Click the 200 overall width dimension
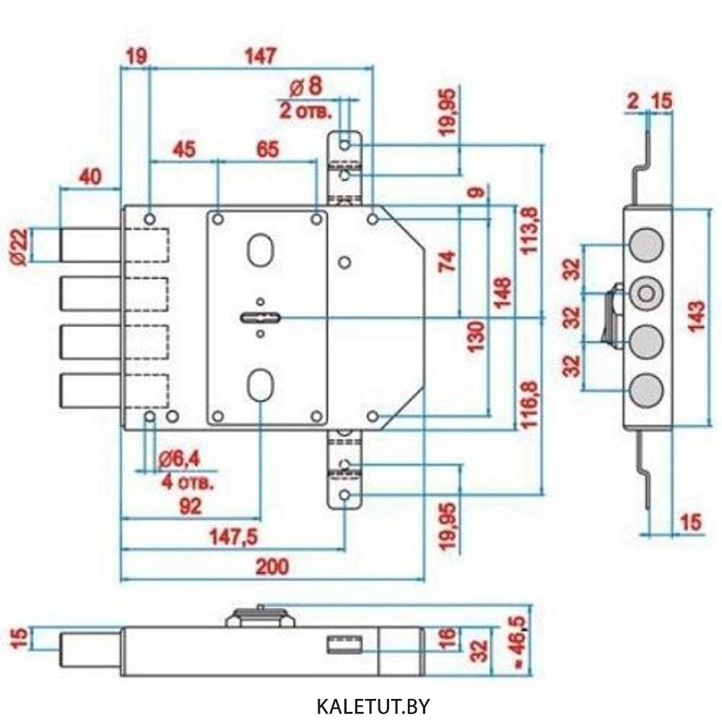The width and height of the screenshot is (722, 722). pos(272,566)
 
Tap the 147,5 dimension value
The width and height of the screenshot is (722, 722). pos(233,537)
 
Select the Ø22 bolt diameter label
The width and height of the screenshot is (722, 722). pos(20,247)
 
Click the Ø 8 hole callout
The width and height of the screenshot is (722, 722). pos(306,86)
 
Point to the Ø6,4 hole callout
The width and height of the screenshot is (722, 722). pos(179,459)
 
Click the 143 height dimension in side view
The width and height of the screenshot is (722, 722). pos(696,316)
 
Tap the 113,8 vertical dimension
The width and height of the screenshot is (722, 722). pos(529,230)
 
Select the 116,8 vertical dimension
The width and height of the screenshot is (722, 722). pos(529,404)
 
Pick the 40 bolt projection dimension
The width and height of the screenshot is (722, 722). pos(90,177)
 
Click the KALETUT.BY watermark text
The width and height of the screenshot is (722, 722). pos(373,705)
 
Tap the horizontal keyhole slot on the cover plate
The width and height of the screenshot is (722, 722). pos(261,318)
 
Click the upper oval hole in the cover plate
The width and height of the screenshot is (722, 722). pos(261,250)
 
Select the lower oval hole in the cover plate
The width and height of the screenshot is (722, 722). pos(261,385)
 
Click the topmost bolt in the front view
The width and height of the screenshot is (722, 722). pos(91,245)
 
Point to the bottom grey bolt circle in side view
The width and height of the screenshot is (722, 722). pos(646,391)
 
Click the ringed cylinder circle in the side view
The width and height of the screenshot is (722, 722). pos(646,293)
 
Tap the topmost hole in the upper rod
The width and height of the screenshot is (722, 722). pos(345,145)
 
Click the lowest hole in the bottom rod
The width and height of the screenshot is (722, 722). pos(345,495)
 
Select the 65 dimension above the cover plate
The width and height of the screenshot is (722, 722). pos(268,149)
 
